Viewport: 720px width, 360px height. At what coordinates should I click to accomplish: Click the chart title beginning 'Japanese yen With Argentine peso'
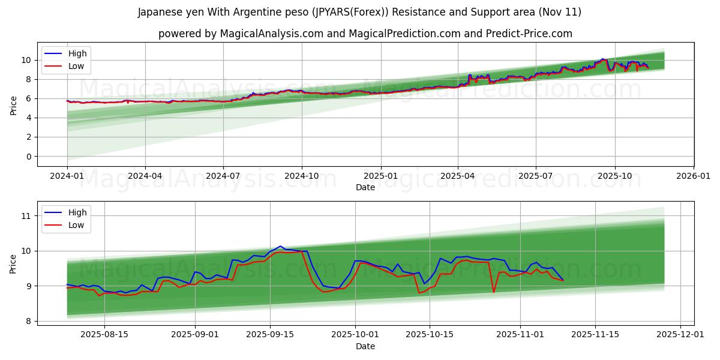click(359, 12)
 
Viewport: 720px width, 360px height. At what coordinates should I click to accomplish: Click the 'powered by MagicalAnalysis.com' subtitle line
click(365, 34)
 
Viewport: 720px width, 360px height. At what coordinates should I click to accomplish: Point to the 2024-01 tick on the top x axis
click(67, 175)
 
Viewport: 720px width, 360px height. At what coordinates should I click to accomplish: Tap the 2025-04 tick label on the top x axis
click(458, 175)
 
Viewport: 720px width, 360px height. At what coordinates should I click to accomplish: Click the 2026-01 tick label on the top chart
click(694, 175)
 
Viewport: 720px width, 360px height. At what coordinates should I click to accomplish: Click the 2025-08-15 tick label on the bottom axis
click(104, 334)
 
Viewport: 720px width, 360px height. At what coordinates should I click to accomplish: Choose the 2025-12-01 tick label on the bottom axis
click(680, 334)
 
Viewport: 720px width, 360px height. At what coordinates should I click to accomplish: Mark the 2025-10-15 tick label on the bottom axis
click(430, 334)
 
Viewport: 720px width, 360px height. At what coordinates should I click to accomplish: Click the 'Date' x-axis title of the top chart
click(365, 187)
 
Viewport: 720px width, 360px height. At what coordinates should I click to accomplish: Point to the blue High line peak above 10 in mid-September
click(280, 246)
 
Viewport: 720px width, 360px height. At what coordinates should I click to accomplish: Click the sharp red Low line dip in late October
click(494, 292)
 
